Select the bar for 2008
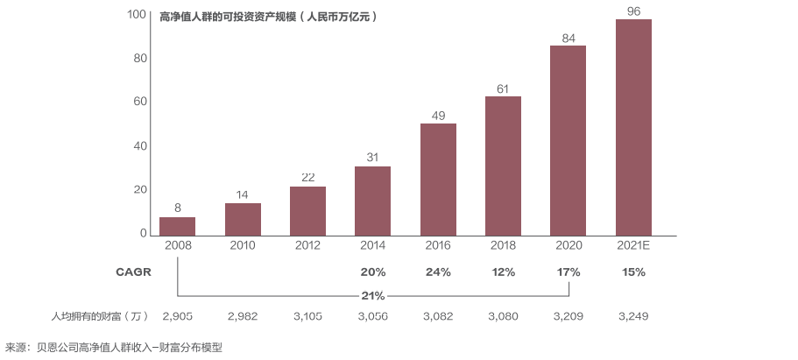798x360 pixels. click(177, 227)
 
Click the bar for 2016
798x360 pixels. click(438, 180)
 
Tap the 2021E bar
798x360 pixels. click(633, 127)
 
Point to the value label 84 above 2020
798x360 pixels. click(568, 39)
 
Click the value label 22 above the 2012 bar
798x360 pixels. click(308, 178)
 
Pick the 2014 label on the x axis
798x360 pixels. click(373, 245)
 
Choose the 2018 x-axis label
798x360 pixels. click(504, 245)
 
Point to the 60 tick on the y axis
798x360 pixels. click(140, 102)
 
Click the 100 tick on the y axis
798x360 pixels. click(137, 14)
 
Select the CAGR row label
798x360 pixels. click(133, 272)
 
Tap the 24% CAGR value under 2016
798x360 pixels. click(438, 272)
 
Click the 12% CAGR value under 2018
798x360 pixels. click(504, 272)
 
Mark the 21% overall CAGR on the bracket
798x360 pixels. click(373, 296)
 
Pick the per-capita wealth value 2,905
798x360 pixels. click(178, 316)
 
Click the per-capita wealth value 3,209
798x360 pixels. click(568, 316)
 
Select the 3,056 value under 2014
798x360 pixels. click(373, 316)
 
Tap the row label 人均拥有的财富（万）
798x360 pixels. click(101, 316)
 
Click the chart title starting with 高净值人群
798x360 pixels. click(269, 17)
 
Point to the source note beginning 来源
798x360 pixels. click(114, 348)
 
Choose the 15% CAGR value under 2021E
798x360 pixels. click(633, 272)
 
